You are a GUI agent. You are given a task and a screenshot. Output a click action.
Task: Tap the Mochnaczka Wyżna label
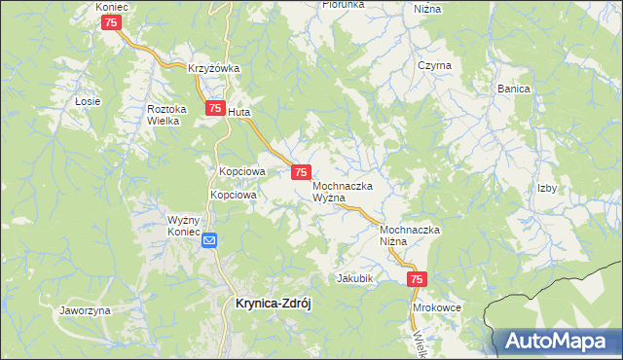pyautogui.click(x=343, y=191)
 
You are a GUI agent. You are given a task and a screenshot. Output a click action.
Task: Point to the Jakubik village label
pyautogui.click(x=355, y=278)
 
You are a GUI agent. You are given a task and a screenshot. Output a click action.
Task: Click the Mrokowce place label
pyautogui.click(x=436, y=307)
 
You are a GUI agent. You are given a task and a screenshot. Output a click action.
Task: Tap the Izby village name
pyautogui.click(x=547, y=189)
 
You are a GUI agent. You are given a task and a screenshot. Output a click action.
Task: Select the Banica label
pyautogui.click(x=513, y=89)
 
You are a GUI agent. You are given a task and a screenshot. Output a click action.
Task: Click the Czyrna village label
pyautogui.click(x=434, y=65)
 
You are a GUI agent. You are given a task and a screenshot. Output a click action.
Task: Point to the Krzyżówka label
pyautogui.click(x=214, y=68)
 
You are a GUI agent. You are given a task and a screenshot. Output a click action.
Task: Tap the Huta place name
pyautogui.click(x=239, y=112)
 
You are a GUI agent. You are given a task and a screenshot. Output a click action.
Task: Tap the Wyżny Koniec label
pyautogui.click(x=183, y=227)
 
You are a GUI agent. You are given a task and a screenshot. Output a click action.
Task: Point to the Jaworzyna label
pyautogui.click(x=85, y=310)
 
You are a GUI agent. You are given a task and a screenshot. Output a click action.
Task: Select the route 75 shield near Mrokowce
pyautogui.click(x=417, y=280)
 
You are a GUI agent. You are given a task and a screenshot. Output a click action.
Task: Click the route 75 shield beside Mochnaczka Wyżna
pyautogui.click(x=301, y=171)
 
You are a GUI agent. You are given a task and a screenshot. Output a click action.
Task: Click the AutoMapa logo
pyautogui.click(x=558, y=341)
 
